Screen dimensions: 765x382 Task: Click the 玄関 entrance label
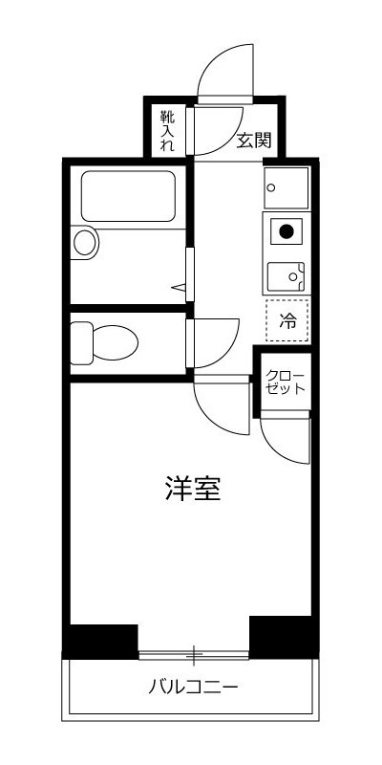254,141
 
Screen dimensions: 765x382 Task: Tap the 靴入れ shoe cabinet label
168,132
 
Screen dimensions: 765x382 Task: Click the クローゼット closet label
286,382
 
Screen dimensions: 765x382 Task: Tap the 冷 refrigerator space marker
287,322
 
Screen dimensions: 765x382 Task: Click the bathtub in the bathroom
127,196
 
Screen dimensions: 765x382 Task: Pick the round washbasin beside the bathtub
86,242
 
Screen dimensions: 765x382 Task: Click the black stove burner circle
286,229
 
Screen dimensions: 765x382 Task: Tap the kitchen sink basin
285,276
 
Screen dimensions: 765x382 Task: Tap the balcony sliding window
194,655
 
